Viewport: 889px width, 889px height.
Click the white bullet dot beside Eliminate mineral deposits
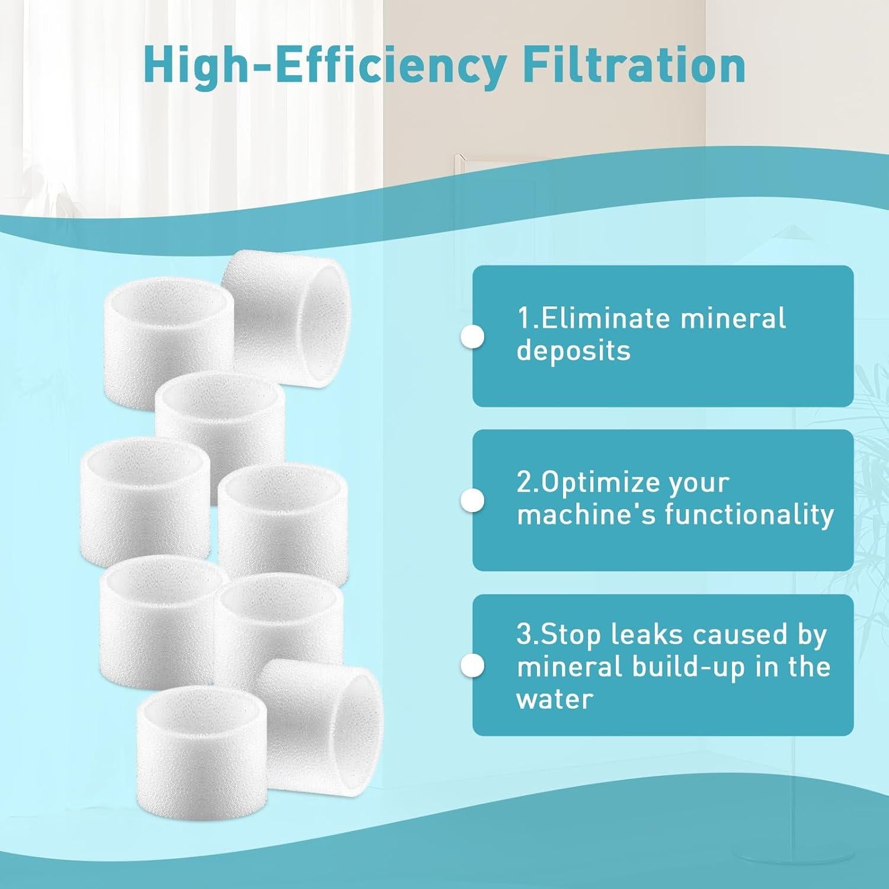[x=472, y=337]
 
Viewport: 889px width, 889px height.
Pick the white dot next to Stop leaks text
[x=472, y=665]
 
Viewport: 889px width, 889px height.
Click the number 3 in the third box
[x=524, y=634]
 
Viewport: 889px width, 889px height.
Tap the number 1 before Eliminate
[x=523, y=318]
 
